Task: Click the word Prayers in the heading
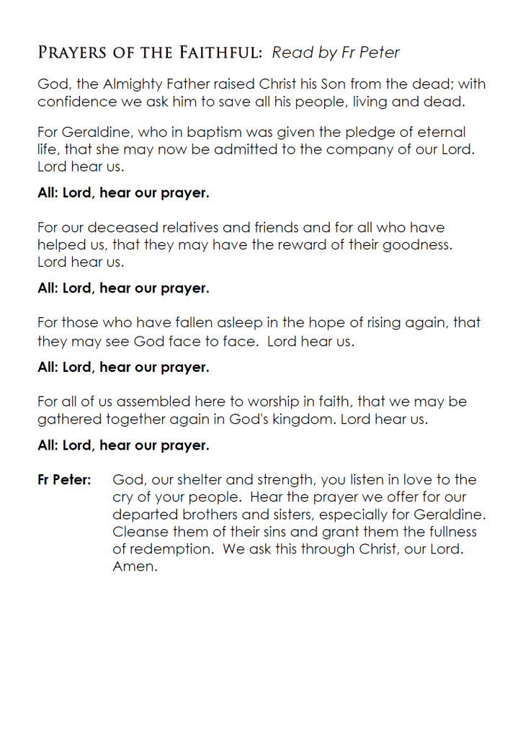(69, 53)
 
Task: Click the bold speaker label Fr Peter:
(64, 480)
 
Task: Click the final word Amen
(134, 566)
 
